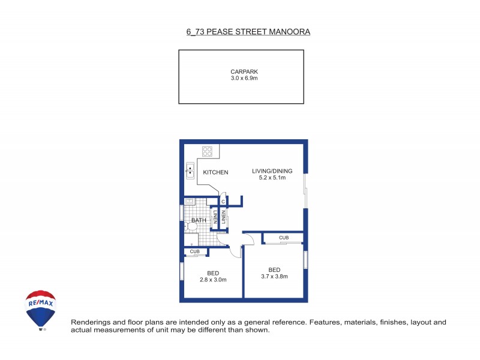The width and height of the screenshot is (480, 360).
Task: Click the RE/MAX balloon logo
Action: click(x=41, y=309)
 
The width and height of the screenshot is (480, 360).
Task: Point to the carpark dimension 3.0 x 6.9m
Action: click(x=241, y=79)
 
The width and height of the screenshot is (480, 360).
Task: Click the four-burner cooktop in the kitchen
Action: click(x=208, y=151)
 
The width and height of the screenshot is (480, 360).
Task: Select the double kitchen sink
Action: click(x=190, y=170)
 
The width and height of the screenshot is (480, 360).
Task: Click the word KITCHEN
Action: click(x=215, y=173)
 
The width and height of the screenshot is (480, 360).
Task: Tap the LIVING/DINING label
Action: click(x=268, y=171)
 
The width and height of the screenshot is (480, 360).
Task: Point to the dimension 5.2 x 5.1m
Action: click(x=268, y=178)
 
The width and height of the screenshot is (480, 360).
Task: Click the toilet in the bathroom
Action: click(x=191, y=226)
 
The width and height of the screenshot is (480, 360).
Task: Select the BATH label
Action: click(x=199, y=220)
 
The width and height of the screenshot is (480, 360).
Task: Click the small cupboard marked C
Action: click(x=223, y=202)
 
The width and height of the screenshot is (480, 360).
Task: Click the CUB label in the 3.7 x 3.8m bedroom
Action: click(x=283, y=238)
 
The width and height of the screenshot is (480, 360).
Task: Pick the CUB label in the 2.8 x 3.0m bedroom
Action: click(x=195, y=251)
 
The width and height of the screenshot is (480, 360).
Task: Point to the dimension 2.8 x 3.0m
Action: click(x=212, y=280)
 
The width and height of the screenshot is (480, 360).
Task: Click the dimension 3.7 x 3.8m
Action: click(x=274, y=277)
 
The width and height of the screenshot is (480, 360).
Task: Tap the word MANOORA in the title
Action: click(x=292, y=31)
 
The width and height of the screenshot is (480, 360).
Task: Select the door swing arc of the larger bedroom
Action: click(x=251, y=238)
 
